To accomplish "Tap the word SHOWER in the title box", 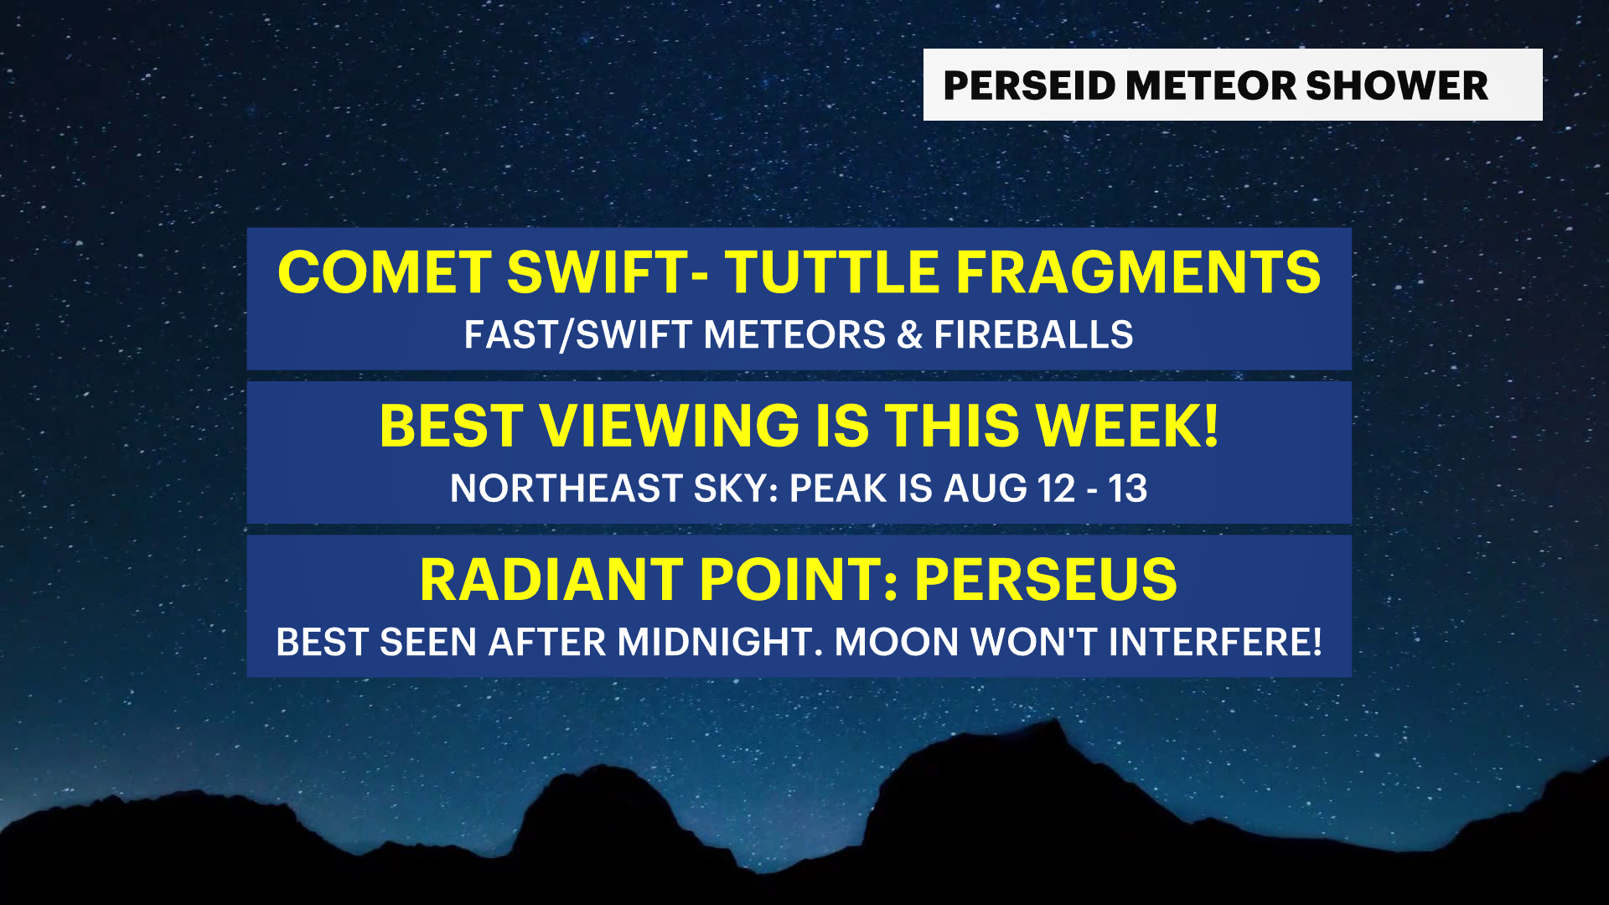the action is click(x=1396, y=85).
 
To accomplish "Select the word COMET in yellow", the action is click(x=385, y=272).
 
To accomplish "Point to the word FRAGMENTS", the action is click(x=1138, y=272).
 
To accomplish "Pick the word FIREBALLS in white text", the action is click(x=1033, y=334).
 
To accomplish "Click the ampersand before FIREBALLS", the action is click(x=909, y=334).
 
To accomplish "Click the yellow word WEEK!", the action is click(x=1127, y=426).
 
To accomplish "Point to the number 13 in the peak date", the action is click(x=1128, y=489).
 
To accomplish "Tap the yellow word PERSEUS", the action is click(x=1046, y=580).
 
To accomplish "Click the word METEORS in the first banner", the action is click(x=794, y=334).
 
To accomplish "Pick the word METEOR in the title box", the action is click(x=1210, y=85).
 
